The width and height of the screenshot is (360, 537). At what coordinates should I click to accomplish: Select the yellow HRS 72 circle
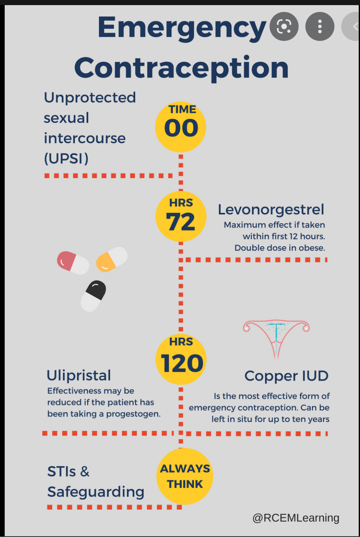pos(181,217)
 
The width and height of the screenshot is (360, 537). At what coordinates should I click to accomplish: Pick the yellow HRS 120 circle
pos(181,359)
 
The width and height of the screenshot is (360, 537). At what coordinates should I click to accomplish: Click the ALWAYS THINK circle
pos(185,476)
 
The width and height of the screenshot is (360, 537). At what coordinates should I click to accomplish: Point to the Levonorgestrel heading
pos(271,209)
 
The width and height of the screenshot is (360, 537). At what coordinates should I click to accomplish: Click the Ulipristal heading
pos(78,375)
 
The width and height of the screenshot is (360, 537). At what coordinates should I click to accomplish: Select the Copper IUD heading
pos(286,376)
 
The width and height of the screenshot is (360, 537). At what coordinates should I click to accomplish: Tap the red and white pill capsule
pos(73,263)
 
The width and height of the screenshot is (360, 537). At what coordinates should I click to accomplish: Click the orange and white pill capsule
pos(112,259)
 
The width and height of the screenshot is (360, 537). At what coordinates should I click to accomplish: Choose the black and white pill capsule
pos(93,295)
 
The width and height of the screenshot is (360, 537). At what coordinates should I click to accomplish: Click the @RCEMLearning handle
pos(296,518)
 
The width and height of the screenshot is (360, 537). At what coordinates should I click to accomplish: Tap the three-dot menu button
pos(320,27)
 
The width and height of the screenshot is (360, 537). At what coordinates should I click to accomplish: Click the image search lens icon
pos(284,27)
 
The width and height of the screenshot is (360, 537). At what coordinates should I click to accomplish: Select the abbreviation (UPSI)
pos(66,159)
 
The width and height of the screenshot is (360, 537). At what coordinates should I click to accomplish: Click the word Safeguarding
pos(96,491)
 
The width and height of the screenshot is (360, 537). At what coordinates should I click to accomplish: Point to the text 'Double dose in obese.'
pos(280,248)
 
